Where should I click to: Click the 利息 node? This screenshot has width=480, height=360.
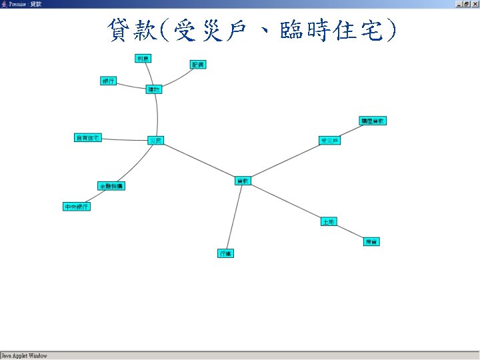[143, 59]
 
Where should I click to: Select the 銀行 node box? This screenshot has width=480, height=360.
[108, 81]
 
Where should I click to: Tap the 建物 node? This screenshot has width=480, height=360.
[154, 89]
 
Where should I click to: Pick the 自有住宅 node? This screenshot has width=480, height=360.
[87, 138]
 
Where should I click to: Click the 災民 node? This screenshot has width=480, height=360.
[155, 140]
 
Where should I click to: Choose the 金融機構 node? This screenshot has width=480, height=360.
[111, 186]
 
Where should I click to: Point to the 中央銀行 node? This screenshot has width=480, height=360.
[76, 207]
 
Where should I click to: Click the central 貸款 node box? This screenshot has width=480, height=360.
[243, 180]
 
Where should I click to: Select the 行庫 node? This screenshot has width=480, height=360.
[226, 253]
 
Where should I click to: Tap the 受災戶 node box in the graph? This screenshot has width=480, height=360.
[329, 141]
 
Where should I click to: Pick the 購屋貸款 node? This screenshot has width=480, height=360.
[373, 121]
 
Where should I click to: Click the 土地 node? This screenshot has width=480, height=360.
[328, 221]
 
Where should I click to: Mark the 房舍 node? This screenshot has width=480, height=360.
[371, 241]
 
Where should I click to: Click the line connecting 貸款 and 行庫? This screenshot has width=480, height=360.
[235, 217]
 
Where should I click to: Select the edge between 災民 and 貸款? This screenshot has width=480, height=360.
[199, 160]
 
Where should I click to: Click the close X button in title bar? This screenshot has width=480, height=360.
[475, 4]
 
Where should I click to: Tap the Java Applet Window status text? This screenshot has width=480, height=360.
[24, 356]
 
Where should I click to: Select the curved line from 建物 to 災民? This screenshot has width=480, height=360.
[158, 115]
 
